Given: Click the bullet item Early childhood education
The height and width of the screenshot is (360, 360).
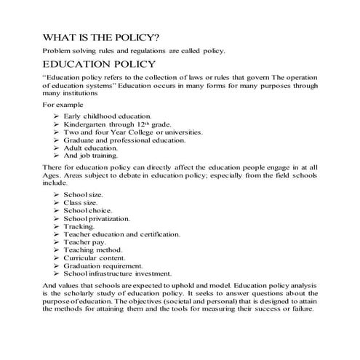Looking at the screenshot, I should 107,116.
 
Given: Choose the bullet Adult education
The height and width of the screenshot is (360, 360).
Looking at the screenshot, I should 95,148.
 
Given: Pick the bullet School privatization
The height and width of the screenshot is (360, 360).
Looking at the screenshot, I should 97,219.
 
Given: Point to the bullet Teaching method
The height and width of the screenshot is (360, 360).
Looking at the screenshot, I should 92,250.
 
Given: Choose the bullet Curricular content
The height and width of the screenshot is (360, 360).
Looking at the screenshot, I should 95,258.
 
